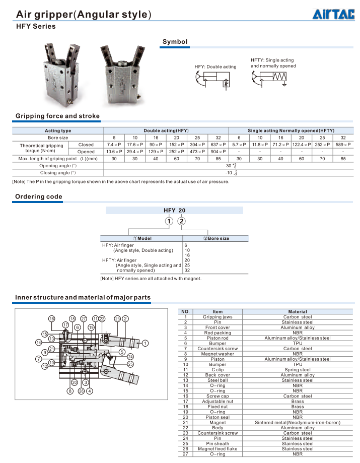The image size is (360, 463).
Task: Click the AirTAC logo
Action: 333,14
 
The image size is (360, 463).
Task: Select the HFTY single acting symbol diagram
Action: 269,78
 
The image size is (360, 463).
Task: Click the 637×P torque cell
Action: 218,145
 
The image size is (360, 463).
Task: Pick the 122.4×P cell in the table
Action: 302,145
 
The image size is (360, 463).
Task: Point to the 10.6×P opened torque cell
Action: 114,152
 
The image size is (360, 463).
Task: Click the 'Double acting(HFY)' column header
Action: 166,130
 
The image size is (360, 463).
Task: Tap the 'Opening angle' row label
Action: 58,166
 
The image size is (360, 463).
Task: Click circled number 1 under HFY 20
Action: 169,221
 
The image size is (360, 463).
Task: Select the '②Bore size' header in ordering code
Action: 216,238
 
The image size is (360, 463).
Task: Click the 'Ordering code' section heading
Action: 39,196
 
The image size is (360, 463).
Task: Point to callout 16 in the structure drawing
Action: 52,318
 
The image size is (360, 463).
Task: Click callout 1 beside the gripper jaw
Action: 145,343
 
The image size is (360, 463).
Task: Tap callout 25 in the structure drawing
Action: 130,364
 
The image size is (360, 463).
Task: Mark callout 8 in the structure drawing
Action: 70,391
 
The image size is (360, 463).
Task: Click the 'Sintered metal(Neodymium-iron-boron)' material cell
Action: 298,423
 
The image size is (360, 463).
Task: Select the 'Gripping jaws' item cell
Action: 218,317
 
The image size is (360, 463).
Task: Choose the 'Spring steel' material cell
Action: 298,370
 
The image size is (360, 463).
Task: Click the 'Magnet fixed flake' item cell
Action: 218,449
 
